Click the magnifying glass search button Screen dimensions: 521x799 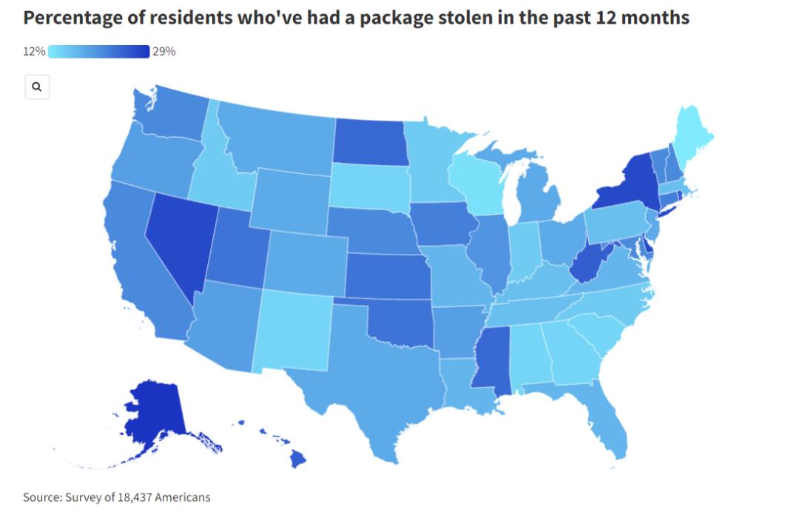tap(37, 87)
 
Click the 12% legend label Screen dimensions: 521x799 tap(34, 51)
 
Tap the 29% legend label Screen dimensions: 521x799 tap(164, 51)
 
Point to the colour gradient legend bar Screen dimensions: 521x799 tap(98, 51)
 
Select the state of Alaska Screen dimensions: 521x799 tap(154, 418)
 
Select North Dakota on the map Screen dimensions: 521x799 tap(371, 141)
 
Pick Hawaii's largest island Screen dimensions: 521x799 tap(297, 460)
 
